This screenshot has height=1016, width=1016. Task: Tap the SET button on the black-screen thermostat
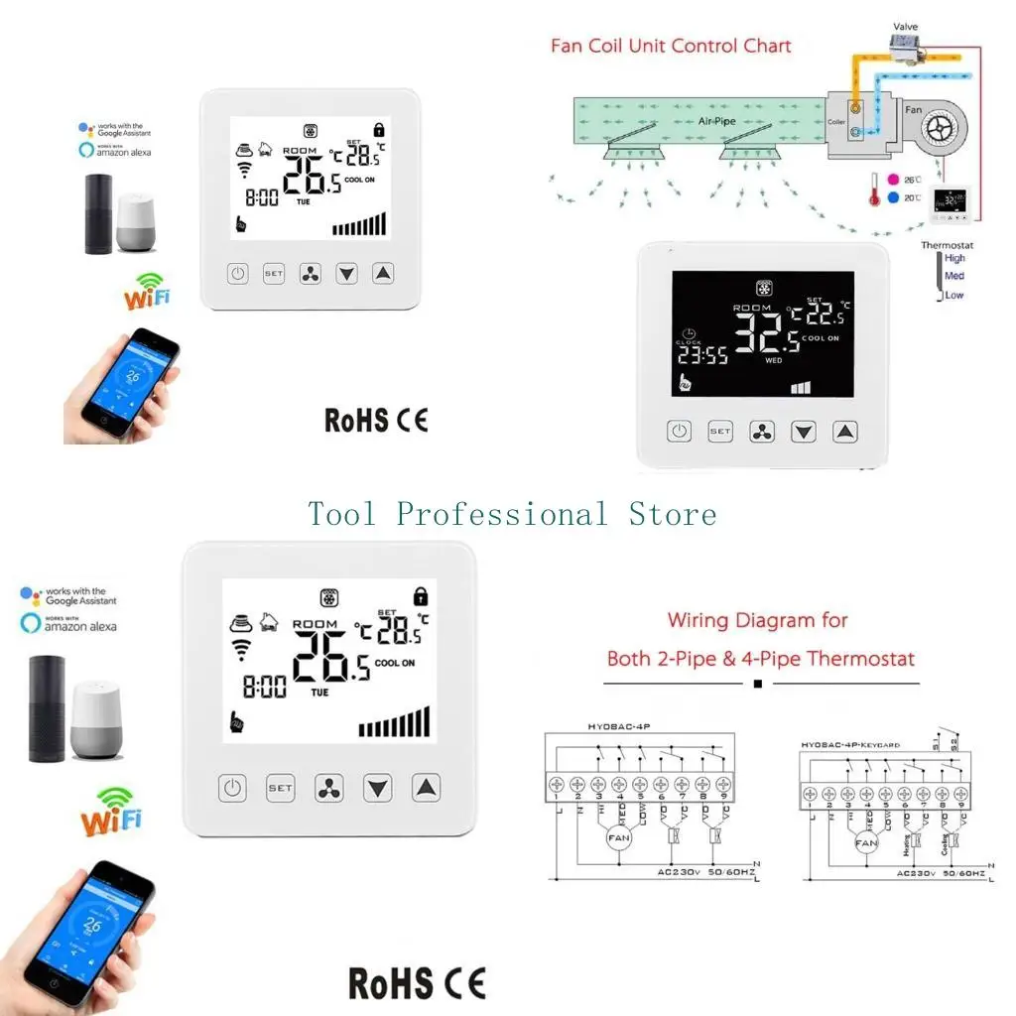coord(719,432)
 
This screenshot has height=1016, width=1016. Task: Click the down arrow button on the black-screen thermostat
coord(803,432)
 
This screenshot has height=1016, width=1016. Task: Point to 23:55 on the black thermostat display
coord(702,356)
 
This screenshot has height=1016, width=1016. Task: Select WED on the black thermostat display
coord(774,361)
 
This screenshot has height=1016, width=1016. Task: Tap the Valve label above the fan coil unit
coord(905,27)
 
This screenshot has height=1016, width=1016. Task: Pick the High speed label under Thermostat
coord(954,258)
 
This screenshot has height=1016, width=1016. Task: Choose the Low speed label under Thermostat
coord(953,295)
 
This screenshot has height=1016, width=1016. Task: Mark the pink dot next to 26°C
coord(893,180)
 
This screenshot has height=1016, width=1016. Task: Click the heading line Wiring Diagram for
coord(757,621)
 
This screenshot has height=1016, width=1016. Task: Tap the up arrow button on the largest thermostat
coord(426,789)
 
